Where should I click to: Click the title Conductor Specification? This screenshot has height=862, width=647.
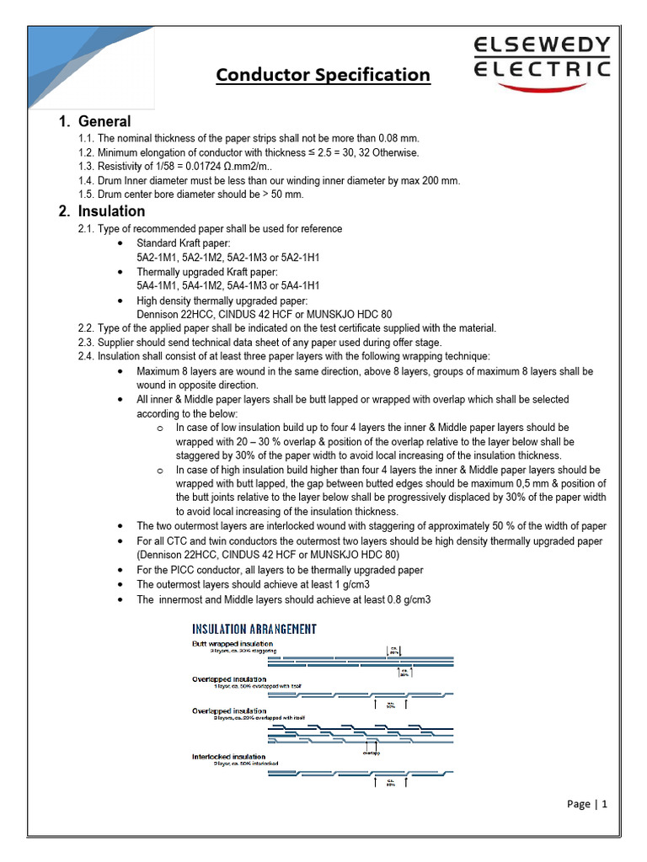coord(323,75)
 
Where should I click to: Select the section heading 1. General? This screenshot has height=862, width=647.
coord(95,121)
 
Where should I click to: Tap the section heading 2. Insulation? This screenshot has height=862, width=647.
coord(103,211)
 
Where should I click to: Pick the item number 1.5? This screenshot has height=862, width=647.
coord(85,194)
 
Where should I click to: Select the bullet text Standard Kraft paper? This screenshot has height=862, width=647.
coord(178,243)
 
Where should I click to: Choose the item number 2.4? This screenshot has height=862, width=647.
coord(85,357)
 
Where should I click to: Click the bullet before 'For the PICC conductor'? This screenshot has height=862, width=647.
coord(123,570)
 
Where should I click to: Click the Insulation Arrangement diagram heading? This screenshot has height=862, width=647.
coord(254,629)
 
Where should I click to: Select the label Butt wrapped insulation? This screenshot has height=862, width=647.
coord(233,643)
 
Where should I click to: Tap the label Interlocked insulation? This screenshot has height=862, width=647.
coord(229,756)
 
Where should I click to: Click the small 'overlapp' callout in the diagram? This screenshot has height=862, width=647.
coord(372,753)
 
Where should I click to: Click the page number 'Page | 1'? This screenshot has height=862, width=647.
coord(586,804)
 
